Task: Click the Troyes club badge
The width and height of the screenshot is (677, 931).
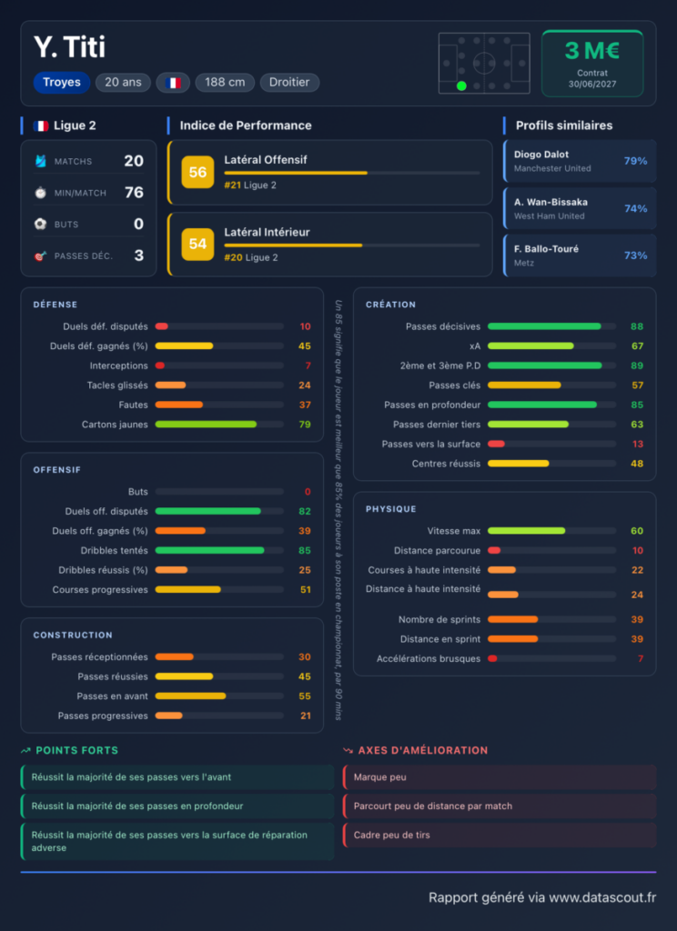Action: [62, 83]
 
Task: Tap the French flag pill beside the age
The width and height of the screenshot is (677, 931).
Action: [173, 83]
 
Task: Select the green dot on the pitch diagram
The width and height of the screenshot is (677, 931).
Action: [461, 86]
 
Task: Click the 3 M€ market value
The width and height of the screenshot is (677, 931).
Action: [592, 51]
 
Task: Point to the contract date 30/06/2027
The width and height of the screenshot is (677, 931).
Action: [592, 85]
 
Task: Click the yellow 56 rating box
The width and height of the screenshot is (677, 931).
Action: [198, 172]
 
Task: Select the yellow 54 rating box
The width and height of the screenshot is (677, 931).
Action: [198, 244]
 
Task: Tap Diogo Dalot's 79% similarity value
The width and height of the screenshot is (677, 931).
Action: [635, 161]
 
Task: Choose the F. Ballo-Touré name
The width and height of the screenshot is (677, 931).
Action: [546, 249]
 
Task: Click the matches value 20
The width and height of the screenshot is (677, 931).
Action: [134, 161]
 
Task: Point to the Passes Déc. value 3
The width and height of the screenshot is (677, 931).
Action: [138, 255]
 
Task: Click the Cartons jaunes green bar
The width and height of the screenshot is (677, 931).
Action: [206, 425]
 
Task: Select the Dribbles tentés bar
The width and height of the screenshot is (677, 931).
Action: [210, 550]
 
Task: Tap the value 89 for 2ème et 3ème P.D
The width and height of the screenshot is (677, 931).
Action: [637, 365]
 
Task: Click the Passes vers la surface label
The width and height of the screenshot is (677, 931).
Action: [431, 444]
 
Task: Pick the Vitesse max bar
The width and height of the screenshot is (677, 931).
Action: [527, 531]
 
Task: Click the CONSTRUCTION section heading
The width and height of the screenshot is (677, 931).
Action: [73, 636]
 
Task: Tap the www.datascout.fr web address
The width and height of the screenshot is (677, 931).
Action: [602, 897]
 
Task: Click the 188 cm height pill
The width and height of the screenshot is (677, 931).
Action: [225, 83]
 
